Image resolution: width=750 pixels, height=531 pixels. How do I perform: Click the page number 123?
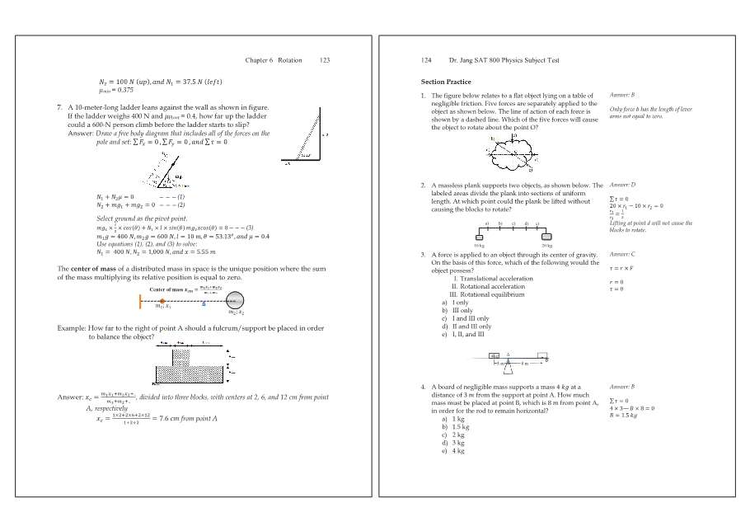(x=325, y=60)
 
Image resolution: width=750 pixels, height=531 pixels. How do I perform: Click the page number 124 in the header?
(x=427, y=60)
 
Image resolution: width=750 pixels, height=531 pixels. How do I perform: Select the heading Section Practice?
(x=446, y=82)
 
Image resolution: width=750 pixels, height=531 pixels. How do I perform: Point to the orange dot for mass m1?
(x=162, y=303)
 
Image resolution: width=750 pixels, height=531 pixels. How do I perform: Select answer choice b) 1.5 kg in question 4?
(x=455, y=427)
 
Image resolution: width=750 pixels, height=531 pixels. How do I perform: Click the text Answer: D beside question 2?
(x=621, y=186)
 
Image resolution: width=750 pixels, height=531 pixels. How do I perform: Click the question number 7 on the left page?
(x=59, y=107)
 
